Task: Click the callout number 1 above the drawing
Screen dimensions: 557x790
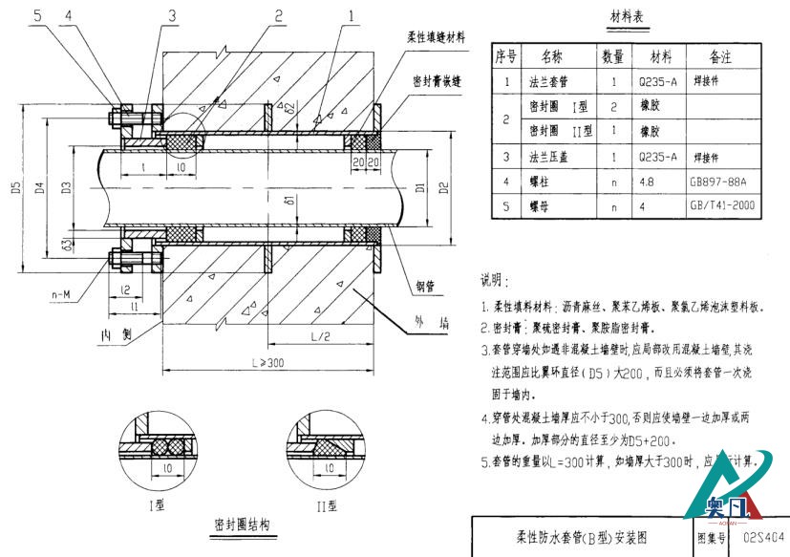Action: coord(352,15)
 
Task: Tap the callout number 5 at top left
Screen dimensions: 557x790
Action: coord(36,15)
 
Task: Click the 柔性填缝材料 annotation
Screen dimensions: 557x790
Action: coord(436,37)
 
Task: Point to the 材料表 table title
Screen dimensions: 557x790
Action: coord(626,18)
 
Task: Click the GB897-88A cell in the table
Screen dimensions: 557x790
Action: coord(717,180)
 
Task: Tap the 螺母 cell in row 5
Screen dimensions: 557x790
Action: coord(540,204)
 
